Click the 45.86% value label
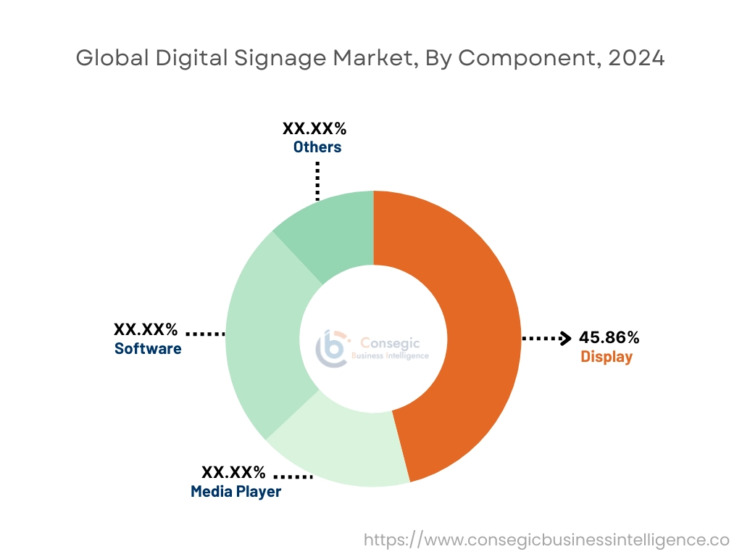point(609,337)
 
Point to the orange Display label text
point(606,357)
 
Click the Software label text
point(148,349)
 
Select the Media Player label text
point(235,492)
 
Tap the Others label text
point(317,147)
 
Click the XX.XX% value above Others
point(314,129)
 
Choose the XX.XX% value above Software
point(146,329)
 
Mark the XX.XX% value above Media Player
point(233,473)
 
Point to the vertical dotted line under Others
point(317,180)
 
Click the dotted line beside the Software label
point(206,334)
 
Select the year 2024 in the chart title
point(635,59)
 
